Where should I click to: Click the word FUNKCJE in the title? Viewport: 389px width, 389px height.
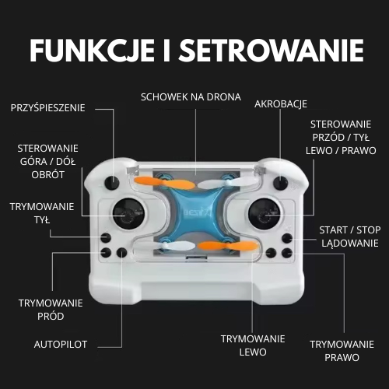(93, 51)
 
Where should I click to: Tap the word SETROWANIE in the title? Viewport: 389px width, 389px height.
(272, 51)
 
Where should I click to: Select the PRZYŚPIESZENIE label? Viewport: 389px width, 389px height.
(48, 108)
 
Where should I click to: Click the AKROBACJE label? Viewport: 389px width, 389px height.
(281, 104)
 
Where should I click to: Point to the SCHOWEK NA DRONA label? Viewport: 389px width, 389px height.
(191, 97)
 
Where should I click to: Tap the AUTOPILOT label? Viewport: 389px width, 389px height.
(61, 345)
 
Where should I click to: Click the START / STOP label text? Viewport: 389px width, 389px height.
(350, 230)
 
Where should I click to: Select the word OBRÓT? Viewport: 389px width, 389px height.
(48, 175)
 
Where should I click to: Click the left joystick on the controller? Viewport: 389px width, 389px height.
(128, 214)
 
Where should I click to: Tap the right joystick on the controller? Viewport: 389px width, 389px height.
(264, 214)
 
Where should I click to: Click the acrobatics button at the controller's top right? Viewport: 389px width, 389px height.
(280, 183)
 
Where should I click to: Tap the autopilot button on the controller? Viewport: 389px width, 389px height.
(121, 253)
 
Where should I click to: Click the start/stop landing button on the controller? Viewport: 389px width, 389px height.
(287, 238)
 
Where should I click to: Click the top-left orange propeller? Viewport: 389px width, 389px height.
(163, 183)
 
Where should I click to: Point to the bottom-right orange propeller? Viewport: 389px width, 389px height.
(228, 246)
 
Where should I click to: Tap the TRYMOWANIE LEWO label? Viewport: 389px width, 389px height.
(253, 345)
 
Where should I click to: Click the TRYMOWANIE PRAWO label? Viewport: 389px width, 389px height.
(342, 351)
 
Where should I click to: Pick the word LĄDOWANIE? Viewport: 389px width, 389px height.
(350, 244)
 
